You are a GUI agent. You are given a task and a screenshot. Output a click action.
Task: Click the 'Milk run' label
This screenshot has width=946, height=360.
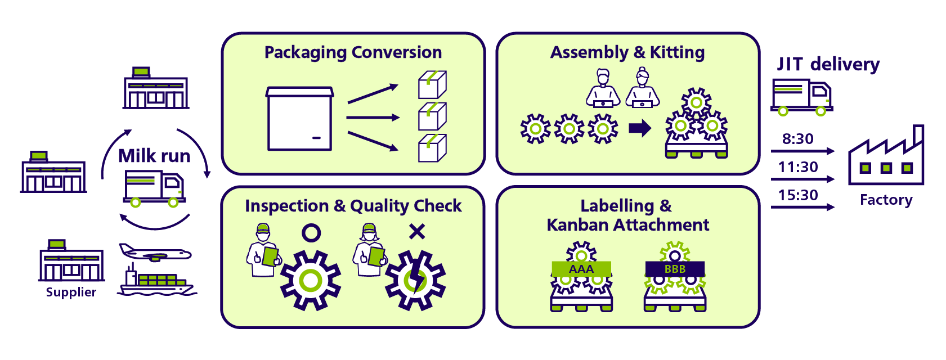coord(154,156)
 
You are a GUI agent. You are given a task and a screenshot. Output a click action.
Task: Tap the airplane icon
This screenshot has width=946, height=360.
coord(155,253)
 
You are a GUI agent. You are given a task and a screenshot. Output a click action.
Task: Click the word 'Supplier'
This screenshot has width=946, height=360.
coord(71,292)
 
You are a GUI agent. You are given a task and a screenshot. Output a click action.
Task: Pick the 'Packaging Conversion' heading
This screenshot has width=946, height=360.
coord(353,52)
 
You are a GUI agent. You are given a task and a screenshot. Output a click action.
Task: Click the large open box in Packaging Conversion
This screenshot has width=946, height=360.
coord(299,119)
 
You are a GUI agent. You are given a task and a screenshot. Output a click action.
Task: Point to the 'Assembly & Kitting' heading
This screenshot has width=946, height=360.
coord(627,52)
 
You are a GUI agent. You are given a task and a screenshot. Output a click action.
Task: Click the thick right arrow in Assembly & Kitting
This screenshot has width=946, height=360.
coord(640,128)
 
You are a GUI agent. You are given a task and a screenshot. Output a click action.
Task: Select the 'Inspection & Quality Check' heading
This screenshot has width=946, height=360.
coord(353,206)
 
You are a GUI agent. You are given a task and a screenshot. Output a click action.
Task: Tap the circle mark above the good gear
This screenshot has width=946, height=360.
coord(311,232)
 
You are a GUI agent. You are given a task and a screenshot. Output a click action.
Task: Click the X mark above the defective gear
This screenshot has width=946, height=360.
coord(417,231)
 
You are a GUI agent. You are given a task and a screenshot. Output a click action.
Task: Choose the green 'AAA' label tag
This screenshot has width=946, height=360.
coord(581,269)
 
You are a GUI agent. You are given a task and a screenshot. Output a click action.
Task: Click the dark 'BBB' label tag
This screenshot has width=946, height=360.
coord(675,269)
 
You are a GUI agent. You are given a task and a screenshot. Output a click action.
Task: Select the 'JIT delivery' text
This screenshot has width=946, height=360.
coord(828,64)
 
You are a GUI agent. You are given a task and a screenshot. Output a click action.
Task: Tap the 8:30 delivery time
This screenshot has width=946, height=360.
coord(797,139)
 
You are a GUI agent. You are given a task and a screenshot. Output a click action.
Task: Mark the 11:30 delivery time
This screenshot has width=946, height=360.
coord(797,167)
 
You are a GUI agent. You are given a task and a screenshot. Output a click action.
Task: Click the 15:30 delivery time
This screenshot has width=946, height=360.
coord(797,195)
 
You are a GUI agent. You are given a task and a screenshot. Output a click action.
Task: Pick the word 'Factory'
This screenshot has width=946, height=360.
coord(886,200)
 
